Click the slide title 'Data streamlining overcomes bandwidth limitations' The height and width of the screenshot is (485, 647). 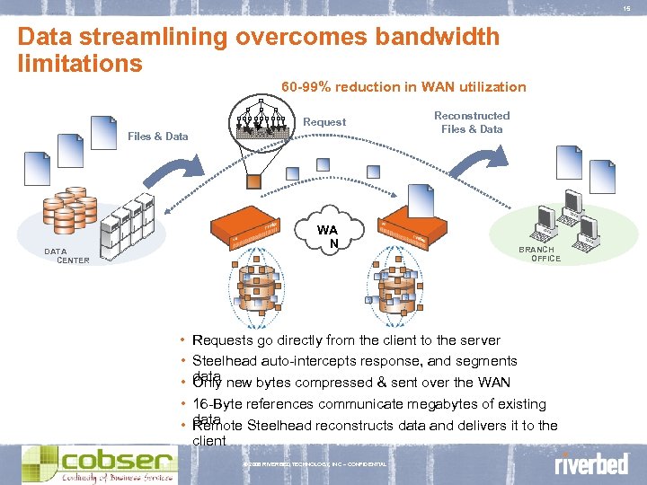[x=259, y=50]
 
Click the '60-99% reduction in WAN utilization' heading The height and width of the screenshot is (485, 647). [x=403, y=87]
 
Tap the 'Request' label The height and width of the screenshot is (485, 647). [x=324, y=122]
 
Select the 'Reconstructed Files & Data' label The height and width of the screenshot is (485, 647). [x=472, y=122]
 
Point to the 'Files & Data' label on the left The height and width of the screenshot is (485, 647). [x=158, y=137]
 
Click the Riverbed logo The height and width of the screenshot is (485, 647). [x=591, y=464]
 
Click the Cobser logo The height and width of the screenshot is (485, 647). [x=99, y=463]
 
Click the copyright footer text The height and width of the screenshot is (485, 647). [x=315, y=464]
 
